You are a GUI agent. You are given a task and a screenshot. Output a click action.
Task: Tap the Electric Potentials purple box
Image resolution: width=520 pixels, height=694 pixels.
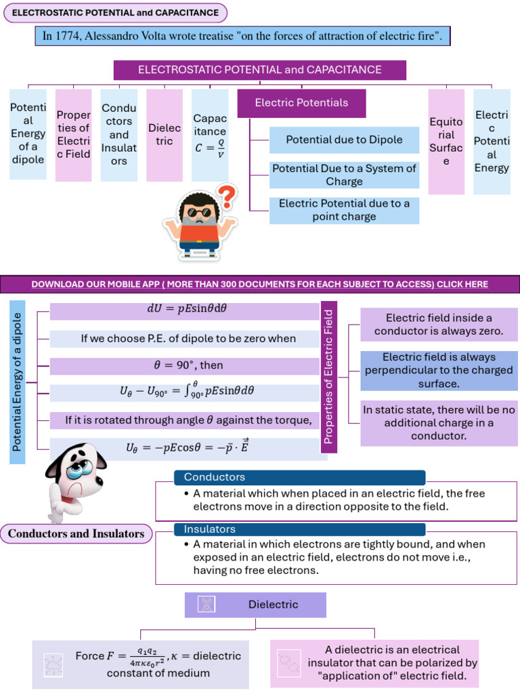tap(301, 103)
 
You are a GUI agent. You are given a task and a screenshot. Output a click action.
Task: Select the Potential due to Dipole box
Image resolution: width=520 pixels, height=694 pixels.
tap(344, 140)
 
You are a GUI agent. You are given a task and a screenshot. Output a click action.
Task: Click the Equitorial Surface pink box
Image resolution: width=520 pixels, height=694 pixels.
tap(446, 142)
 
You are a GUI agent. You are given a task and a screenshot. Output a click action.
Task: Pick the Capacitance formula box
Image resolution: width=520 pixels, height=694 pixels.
tap(210, 136)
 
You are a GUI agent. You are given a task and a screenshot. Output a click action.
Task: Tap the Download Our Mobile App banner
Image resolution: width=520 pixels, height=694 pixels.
tap(260, 284)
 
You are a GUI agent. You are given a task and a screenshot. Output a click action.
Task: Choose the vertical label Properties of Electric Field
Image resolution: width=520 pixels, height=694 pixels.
tap(328, 377)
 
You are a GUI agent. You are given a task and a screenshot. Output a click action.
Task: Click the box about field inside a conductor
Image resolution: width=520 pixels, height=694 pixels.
tap(438, 324)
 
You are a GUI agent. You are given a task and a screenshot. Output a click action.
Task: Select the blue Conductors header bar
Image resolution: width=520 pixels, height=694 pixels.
tap(299, 478)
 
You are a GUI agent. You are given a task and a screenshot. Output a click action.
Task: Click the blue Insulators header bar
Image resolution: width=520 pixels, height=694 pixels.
tap(299, 529)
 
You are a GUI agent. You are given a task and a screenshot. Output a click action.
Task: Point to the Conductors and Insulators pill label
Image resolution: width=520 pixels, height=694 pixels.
tap(76, 533)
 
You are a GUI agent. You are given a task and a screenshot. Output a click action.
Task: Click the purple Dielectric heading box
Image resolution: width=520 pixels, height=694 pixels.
tap(255, 605)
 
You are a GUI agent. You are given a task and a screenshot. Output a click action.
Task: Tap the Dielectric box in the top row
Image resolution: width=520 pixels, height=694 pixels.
tap(165, 135)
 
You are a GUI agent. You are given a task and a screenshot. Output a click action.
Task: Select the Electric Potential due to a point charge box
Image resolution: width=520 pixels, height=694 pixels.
tap(344, 210)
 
